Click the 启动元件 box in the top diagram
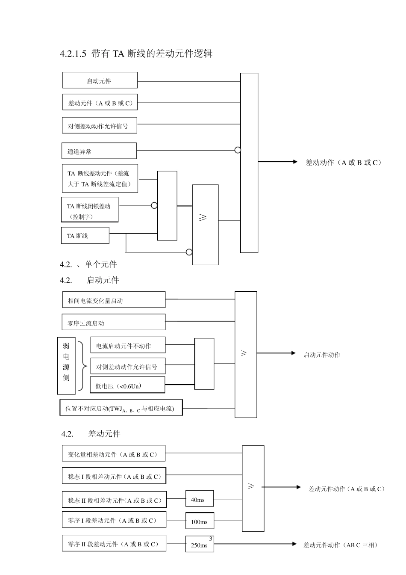(100, 80)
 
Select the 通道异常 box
(99, 151)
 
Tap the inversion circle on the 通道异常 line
(238, 150)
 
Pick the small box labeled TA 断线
(85, 236)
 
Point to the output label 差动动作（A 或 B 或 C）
(343, 163)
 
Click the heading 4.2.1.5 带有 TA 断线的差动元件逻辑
(136, 53)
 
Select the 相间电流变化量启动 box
(114, 300)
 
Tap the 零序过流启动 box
(114, 323)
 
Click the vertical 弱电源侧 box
(66, 365)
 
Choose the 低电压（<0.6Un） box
(127, 385)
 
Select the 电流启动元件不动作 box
(128, 345)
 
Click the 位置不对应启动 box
(121, 408)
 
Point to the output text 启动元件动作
(322, 355)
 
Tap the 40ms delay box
(199, 499)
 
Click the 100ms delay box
(199, 521)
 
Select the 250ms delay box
(199, 544)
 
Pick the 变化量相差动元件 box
(114, 453)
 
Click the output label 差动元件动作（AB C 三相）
(341, 545)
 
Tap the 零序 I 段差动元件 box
(114, 520)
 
